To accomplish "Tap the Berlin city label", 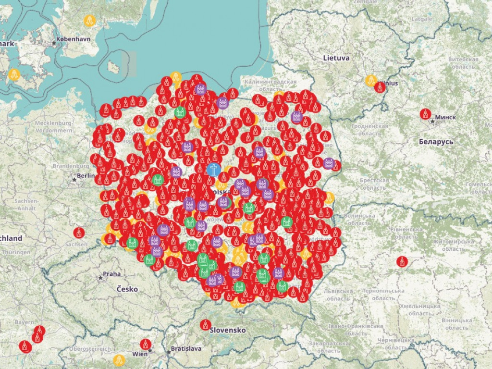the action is (86, 175).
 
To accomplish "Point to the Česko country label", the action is (127, 289).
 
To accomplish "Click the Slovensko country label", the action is (228, 330).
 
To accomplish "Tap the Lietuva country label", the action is (336, 58).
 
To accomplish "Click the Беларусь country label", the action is (436, 142).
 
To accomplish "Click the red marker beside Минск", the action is (425, 114).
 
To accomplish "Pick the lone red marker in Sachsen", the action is (79, 233).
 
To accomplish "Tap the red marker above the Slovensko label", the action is (206, 324).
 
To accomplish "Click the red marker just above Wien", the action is (146, 344).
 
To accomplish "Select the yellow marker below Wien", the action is (118, 360).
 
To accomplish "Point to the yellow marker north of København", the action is (89, 21).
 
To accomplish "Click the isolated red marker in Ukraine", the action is (402, 261).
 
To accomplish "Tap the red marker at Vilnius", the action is (380, 87).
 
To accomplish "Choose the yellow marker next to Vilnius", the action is (370, 80).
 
